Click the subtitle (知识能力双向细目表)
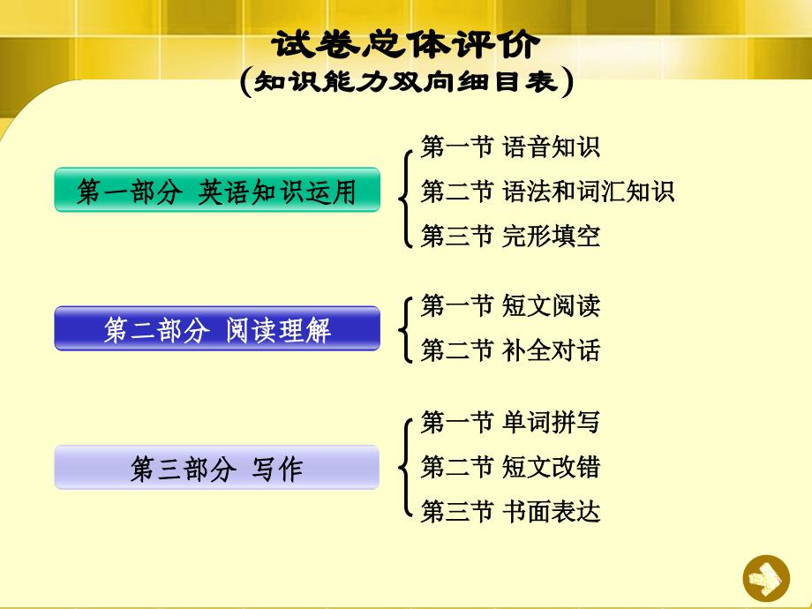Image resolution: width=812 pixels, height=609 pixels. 407,82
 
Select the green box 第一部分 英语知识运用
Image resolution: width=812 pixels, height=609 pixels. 217,190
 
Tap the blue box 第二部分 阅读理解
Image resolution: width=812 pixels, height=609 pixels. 217,328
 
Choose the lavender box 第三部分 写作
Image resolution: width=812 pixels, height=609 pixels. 217,467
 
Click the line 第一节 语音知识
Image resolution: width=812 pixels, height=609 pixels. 510,147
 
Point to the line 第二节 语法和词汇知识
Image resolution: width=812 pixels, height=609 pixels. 547,192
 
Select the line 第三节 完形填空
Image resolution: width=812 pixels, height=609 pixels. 510,236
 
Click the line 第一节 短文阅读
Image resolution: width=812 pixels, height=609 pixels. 510,305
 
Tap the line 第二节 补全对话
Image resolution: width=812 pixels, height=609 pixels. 510,350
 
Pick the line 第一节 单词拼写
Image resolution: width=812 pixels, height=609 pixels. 510,422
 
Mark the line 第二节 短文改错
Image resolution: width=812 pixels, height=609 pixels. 510,467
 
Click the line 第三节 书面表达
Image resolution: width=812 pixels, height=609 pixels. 510,511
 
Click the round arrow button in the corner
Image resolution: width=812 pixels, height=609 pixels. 766,578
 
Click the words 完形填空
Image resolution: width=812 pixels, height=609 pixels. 551,236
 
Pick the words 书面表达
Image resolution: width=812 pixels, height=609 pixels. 551,511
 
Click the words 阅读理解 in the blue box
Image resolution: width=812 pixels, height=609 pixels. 278,330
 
